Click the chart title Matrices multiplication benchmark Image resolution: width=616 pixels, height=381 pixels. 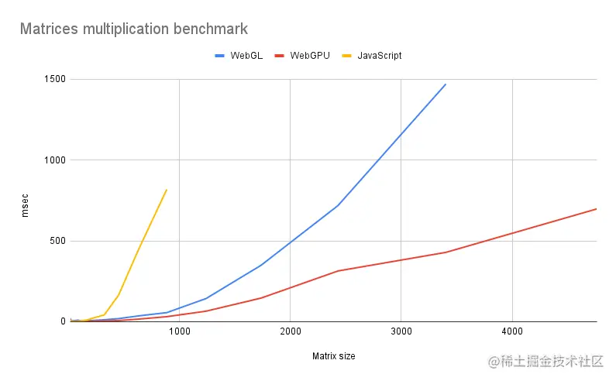point(133,29)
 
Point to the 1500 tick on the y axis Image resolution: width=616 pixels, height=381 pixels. point(55,80)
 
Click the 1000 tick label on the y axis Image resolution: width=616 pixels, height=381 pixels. point(55,160)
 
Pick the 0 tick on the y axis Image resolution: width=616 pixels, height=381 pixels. point(63,321)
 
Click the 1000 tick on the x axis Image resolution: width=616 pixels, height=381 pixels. point(180,331)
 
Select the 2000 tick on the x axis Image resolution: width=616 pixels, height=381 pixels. point(290,331)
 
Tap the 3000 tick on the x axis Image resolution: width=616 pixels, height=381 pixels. point(401,331)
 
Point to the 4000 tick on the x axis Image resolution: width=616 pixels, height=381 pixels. point(511,331)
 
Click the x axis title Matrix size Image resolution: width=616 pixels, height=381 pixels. point(333,356)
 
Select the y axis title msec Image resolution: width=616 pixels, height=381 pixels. point(26,201)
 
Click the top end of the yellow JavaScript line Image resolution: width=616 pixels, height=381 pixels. point(167,190)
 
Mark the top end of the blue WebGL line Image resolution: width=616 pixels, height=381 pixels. point(446,84)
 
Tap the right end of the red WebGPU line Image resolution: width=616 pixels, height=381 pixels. point(596,209)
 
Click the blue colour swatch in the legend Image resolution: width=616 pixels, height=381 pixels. point(219,56)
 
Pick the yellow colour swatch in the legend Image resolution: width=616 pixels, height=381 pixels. point(346,56)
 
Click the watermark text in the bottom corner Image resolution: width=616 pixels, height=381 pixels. point(545,362)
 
